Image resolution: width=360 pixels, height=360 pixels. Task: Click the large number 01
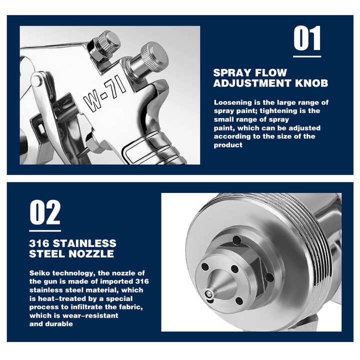coord(307,38)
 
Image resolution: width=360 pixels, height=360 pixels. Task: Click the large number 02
coord(45,212)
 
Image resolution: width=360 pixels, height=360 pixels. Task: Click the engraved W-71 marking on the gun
coord(104,93)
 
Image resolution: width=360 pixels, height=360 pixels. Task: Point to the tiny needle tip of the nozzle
coord(208,294)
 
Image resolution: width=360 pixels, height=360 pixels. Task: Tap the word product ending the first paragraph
coord(228,145)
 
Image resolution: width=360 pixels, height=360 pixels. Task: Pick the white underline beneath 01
coord(307,56)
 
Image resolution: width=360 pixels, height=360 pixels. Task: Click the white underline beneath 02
coord(45,230)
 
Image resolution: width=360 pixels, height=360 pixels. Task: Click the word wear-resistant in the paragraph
coord(90,315)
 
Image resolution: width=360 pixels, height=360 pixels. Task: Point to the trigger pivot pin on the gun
coord(36,81)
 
